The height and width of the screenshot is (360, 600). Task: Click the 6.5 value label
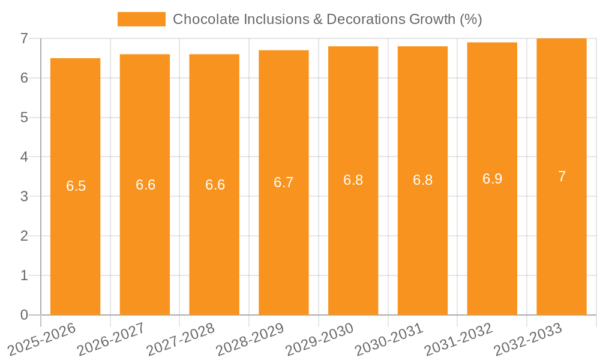coord(76,186)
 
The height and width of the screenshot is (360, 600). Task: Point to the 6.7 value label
coord(284,182)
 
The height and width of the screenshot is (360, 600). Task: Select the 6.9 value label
coord(492,179)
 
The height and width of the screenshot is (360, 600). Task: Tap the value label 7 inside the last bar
coord(562,176)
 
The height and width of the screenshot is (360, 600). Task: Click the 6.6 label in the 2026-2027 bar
coord(145,185)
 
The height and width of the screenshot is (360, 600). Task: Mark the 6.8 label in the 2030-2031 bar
coord(422,180)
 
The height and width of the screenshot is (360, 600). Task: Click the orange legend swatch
coord(141,19)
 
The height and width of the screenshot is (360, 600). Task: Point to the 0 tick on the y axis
coord(24,315)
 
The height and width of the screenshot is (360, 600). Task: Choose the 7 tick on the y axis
coord(24,38)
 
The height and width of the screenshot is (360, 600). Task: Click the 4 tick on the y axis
coord(24,157)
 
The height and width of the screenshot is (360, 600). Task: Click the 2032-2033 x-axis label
coord(527,339)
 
